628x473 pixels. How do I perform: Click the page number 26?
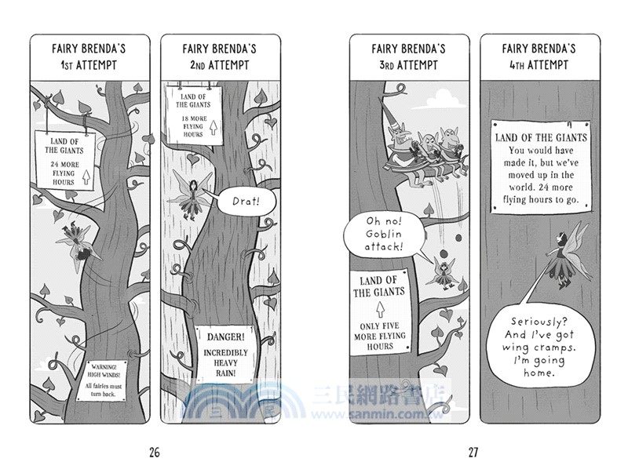(154, 453)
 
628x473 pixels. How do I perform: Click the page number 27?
(473, 453)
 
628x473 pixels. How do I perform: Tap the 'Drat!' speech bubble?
(246, 201)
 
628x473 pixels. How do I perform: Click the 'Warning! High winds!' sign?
(102, 380)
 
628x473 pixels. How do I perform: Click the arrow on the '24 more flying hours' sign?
(86, 176)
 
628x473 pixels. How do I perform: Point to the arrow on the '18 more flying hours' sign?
(214, 127)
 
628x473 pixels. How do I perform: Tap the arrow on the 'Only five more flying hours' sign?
(380, 309)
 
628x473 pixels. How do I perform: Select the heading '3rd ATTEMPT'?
(408, 65)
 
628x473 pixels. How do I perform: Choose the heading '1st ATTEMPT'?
(89, 65)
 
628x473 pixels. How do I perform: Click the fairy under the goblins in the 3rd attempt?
(443, 272)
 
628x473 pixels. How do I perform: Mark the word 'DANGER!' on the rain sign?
(225, 337)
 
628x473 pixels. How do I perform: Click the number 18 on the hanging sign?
(185, 118)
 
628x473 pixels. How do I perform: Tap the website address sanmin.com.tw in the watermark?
(378, 413)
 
